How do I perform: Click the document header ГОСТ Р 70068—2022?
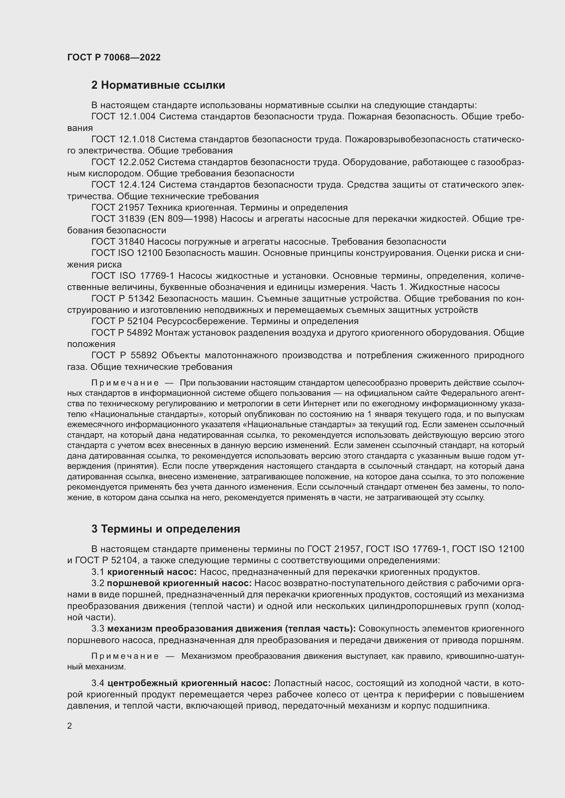coord(114,57)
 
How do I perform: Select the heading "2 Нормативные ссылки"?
coord(158,85)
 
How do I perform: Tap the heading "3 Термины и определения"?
coord(166,529)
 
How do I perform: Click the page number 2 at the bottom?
coord(70,726)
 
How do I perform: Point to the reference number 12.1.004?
coord(137,117)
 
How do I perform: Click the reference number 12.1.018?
coord(137,140)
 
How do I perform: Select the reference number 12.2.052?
coord(137,162)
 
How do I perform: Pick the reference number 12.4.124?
coord(137,185)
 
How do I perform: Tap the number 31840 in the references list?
coord(132,242)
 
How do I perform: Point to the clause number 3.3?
coord(98,629)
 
